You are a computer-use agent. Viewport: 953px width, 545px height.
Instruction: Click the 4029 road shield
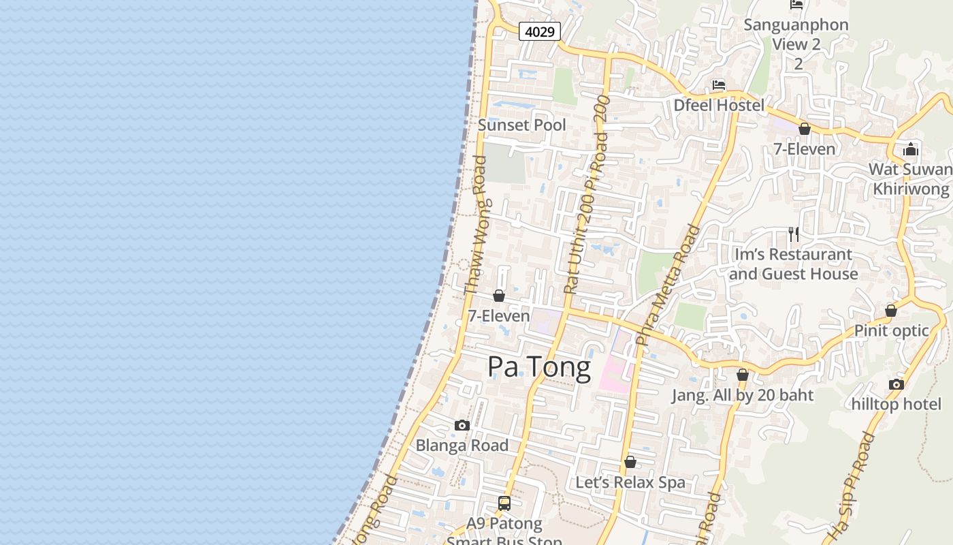tap(539, 31)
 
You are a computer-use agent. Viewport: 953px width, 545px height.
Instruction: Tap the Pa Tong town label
tap(539, 367)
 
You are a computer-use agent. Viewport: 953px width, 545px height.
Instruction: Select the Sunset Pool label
tap(521, 125)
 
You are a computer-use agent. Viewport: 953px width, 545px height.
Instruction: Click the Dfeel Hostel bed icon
tap(718, 85)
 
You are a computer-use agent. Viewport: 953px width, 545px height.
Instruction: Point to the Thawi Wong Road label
tap(475, 225)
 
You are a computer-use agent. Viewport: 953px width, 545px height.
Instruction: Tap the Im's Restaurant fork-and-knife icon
tap(793, 234)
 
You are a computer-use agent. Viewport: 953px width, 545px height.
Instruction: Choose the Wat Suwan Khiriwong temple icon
tap(911, 150)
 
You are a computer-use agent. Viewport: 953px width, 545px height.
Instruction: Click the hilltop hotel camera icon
tap(896, 384)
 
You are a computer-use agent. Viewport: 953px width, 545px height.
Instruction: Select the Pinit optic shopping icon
tap(890, 311)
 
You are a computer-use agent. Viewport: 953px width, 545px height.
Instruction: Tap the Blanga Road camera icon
tap(462, 425)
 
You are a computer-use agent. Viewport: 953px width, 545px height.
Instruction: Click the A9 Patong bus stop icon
tap(504, 503)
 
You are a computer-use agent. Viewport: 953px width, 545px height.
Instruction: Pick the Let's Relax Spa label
tap(630, 482)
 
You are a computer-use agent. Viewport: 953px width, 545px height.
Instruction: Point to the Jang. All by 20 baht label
tap(743, 395)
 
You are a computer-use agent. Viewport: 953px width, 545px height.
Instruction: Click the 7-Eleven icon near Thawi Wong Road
tap(498, 296)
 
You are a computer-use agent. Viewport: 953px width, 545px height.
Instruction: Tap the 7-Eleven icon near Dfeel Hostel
tap(804, 129)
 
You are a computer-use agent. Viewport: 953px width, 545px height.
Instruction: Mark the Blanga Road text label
tap(462, 446)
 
